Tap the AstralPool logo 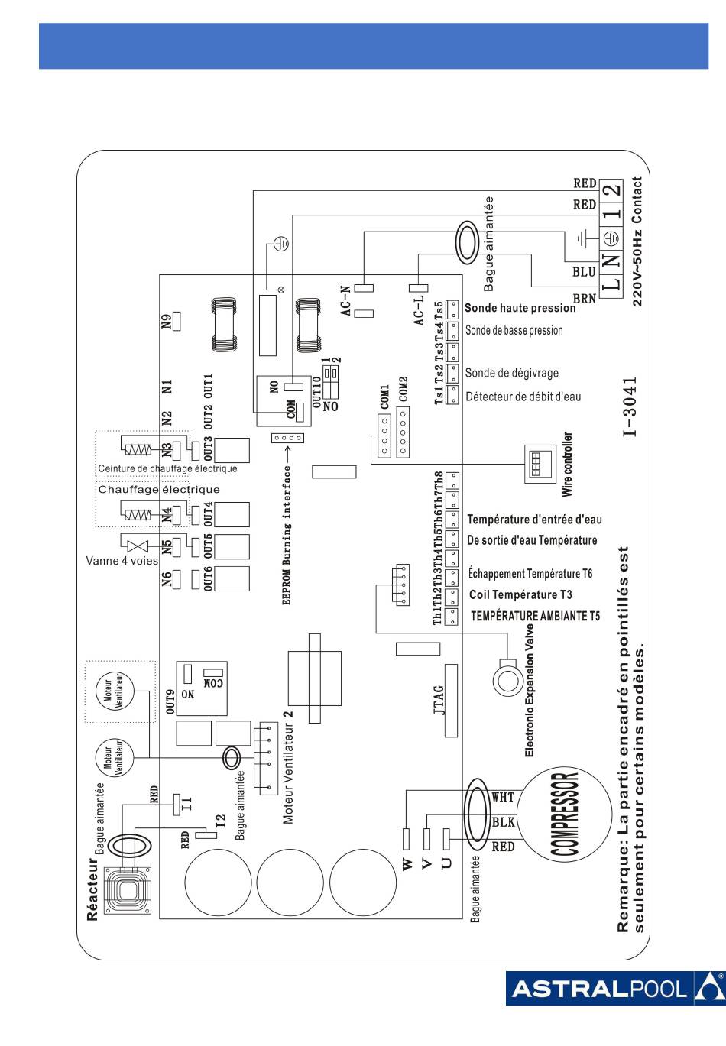[x=614, y=989]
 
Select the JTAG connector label [x=439, y=699]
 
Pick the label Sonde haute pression [x=520, y=308]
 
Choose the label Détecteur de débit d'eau [x=523, y=397]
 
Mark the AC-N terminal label [x=346, y=301]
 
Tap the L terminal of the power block [x=611, y=284]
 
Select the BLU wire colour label [x=584, y=271]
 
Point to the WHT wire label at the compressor [x=503, y=798]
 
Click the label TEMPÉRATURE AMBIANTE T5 [x=535, y=616]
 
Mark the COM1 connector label [x=384, y=396]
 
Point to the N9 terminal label [x=167, y=321]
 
